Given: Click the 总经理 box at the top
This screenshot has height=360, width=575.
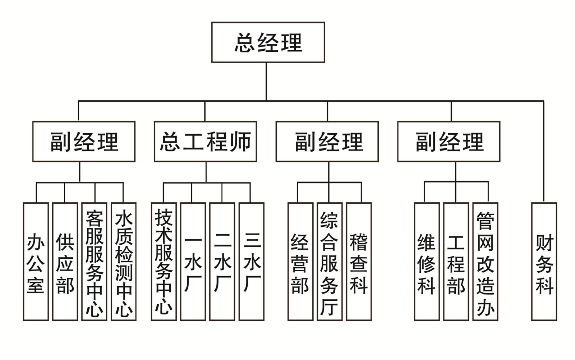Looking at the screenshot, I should click(268, 42).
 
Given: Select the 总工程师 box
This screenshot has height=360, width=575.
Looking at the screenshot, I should click(205, 142).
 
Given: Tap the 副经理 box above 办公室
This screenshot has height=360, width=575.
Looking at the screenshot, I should click(84, 142).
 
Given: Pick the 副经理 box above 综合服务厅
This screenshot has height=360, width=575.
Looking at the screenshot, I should click(327, 142).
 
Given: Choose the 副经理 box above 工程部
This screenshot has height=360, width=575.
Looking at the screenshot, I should click(448, 142).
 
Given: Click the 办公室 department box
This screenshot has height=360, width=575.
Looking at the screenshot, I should click(36, 262).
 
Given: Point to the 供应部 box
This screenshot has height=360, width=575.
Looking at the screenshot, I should click(65, 262).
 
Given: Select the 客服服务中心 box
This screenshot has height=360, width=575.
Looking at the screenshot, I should click(94, 262).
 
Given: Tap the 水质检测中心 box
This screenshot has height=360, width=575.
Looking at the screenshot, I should click(124, 262).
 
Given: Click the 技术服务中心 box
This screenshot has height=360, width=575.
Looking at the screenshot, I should click(164, 262).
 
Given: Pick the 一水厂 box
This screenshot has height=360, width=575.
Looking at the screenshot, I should click(193, 262).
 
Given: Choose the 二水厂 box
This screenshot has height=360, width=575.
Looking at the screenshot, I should click(222, 262).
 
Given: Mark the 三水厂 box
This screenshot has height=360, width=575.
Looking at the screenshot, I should click(252, 262).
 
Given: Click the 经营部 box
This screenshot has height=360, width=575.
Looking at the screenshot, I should click(300, 262).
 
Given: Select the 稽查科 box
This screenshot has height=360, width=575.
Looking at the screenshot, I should click(359, 262).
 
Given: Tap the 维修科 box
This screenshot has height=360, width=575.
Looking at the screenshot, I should click(427, 262).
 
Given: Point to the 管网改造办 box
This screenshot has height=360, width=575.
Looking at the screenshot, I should click(485, 262).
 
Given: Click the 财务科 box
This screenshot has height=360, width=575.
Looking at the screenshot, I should click(544, 262).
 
